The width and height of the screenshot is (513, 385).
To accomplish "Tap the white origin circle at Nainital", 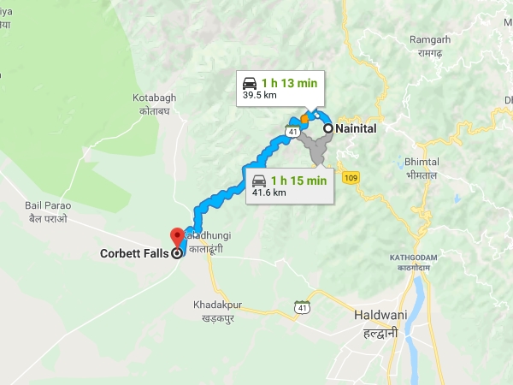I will [327, 127].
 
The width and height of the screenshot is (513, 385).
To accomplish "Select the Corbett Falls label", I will [133, 253].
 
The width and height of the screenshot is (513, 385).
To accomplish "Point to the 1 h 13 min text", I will [289, 83].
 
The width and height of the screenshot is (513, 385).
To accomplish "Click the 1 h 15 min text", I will [298, 180].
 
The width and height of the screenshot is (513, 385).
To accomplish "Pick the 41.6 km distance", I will [268, 193].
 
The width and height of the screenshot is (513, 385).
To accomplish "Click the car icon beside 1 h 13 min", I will [250, 83].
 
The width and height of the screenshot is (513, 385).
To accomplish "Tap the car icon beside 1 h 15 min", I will [258, 180].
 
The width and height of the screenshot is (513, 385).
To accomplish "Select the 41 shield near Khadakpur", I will [301, 307].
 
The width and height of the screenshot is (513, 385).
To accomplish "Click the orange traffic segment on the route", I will [304, 117].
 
